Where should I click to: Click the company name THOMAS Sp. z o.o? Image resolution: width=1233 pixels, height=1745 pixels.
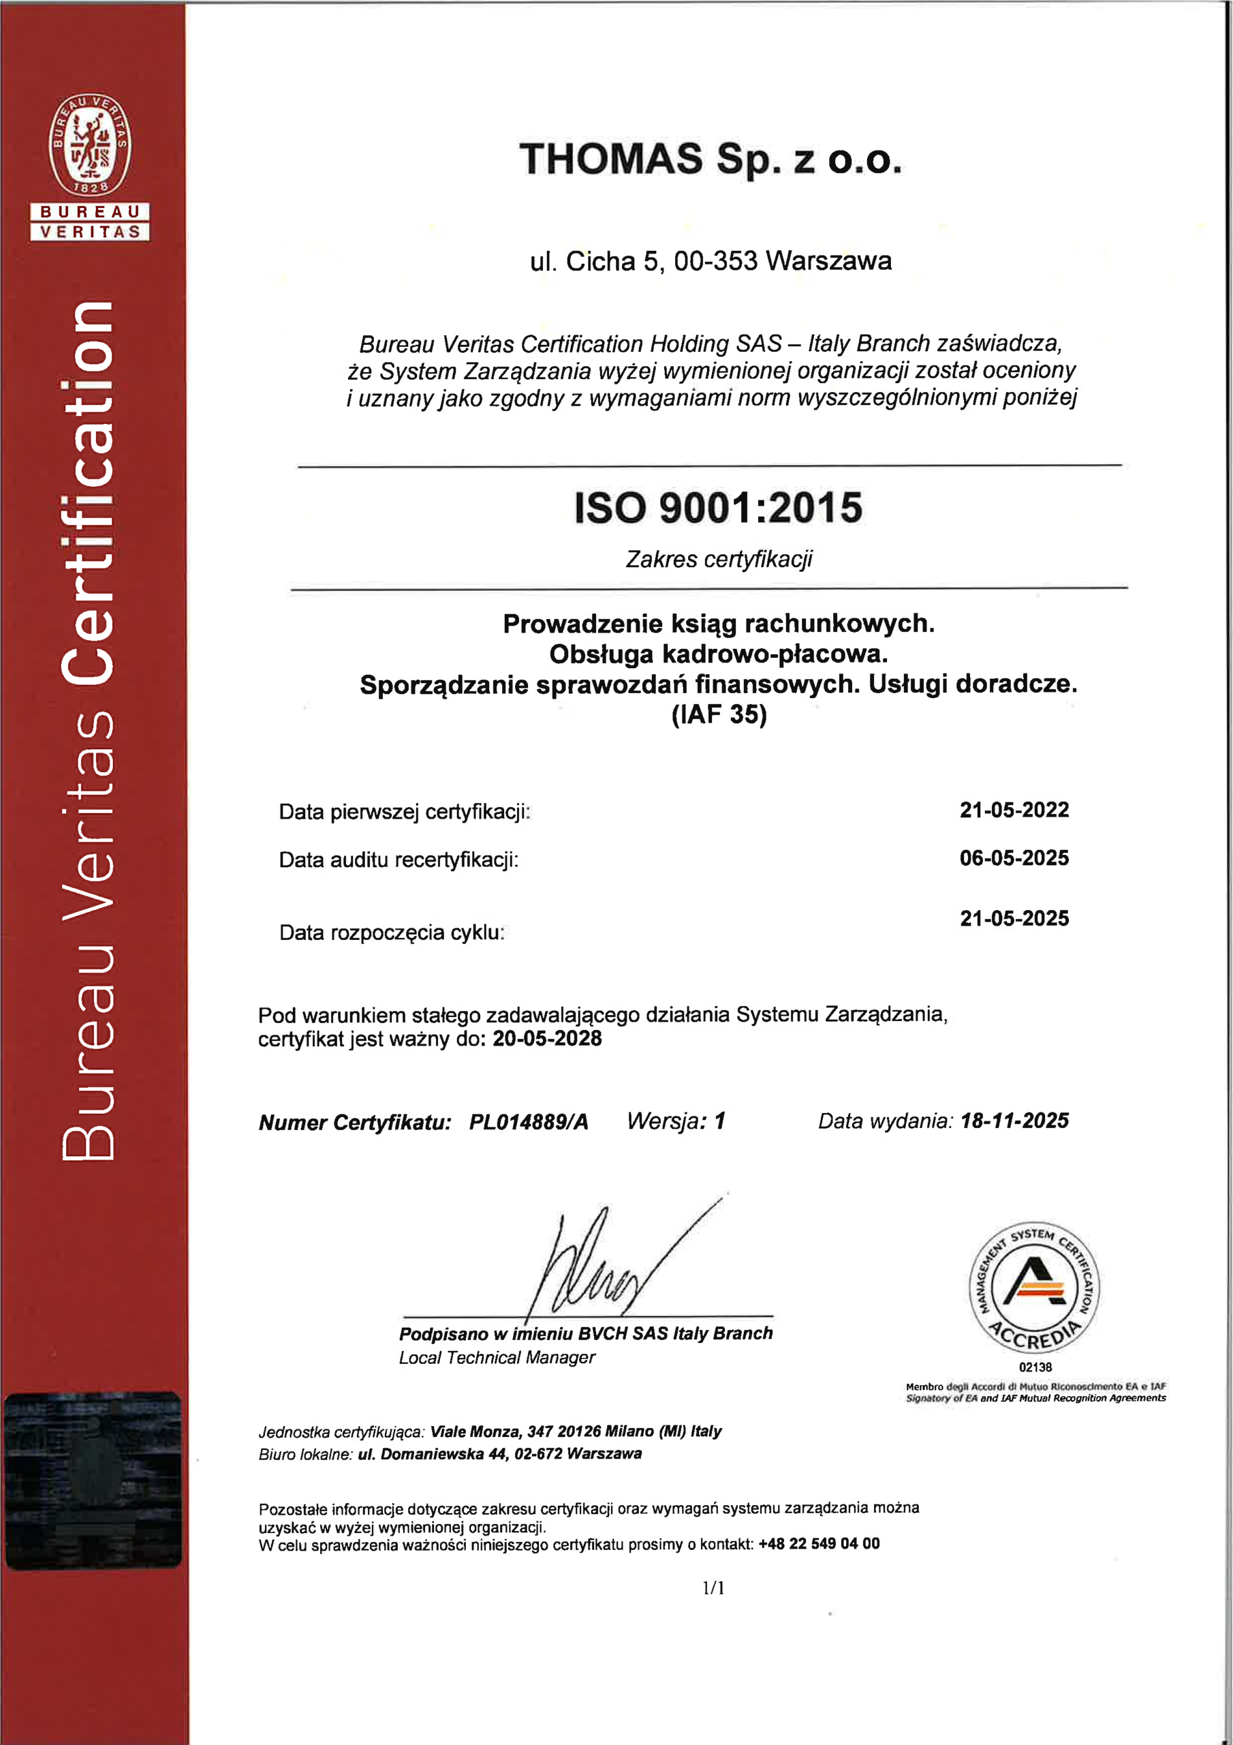(711, 160)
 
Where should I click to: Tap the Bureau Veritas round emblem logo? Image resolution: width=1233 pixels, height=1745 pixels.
(90, 145)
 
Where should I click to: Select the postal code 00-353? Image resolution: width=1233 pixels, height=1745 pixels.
(716, 260)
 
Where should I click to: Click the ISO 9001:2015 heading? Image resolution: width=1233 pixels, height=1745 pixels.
(718, 508)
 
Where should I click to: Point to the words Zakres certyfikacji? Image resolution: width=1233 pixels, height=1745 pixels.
(719, 560)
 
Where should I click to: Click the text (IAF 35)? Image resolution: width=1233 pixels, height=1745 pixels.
(719, 714)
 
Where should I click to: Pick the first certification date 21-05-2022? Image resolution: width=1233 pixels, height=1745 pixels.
(1014, 810)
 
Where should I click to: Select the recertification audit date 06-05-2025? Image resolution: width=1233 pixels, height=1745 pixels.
(1014, 858)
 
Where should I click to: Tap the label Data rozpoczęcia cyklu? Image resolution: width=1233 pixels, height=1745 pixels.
(391, 932)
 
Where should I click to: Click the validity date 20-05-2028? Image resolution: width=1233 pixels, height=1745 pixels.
(547, 1038)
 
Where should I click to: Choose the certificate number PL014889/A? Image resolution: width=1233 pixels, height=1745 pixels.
(529, 1122)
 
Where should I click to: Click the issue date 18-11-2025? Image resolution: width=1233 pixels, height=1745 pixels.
(1014, 1121)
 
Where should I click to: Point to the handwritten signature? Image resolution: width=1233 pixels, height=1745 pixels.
(608, 1262)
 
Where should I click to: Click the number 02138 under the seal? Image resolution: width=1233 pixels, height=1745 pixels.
(1035, 1367)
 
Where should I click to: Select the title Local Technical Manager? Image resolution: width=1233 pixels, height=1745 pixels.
(497, 1356)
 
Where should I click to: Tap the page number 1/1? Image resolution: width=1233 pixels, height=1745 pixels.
(713, 1587)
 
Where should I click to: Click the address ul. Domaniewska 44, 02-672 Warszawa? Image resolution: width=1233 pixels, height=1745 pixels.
(500, 1453)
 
